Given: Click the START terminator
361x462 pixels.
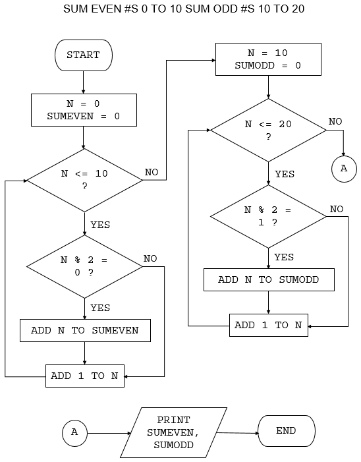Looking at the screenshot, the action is coord(84,55).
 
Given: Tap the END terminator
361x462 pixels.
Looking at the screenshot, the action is coord(287,431).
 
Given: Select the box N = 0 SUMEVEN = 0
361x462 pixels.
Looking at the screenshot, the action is coord(84,110).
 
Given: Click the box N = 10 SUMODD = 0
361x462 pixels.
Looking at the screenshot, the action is coord(268,59).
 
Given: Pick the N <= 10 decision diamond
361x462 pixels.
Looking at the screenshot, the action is coord(84,181).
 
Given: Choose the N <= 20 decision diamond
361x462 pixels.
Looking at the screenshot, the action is coord(268,130).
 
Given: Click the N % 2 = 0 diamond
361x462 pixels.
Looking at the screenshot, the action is coord(84,266).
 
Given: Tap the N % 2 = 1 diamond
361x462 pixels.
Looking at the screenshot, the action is coord(268,217).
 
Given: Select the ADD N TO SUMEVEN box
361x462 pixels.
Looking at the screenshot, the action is coord(85,330).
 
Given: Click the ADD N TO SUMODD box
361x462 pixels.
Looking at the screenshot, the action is coord(269,279).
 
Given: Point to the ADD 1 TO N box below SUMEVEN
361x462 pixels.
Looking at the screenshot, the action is coord(85,376).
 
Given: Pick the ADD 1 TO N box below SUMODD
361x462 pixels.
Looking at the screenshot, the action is coord(269,326).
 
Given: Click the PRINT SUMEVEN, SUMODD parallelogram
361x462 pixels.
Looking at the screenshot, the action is coord(173,432).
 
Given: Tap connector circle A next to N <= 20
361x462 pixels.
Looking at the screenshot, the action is coord(344,169).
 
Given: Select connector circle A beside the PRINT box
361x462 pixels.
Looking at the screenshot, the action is coord(75,433).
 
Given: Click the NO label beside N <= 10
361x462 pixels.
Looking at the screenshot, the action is coord(152,172).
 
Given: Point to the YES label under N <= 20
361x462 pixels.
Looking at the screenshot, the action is coord(285,174).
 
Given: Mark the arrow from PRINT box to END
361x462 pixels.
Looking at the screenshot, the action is coord(238,433).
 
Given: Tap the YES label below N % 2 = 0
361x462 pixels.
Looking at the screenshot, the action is coord(100,308).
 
